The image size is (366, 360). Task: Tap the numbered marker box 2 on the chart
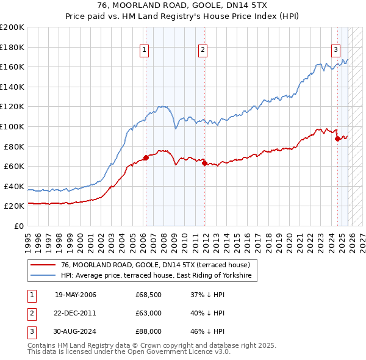(x=203, y=51)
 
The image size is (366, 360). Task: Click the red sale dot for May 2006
(x=146, y=158)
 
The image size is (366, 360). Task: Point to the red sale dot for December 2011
(x=204, y=163)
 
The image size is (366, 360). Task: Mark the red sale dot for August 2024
(x=337, y=139)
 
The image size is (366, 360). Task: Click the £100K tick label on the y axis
(x=12, y=126)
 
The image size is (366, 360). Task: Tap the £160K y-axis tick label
(x=12, y=67)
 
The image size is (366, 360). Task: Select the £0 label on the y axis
(x=18, y=226)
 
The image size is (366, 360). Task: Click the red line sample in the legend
(x=43, y=265)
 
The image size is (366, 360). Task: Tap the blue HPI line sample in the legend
(x=43, y=276)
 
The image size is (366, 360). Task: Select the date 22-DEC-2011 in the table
(x=76, y=313)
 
